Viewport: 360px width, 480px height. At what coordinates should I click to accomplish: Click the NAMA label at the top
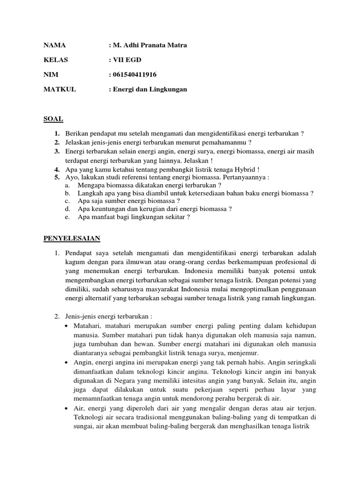click(54, 45)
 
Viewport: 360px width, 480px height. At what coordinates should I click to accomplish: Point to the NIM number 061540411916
click(134, 74)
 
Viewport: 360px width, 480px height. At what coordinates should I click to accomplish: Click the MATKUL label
click(59, 89)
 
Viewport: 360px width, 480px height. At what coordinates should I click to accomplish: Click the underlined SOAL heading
click(53, 119)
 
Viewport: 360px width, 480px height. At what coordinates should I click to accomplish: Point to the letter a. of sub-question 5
click(67, 185)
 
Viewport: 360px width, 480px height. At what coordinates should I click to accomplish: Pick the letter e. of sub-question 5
click(67, 217)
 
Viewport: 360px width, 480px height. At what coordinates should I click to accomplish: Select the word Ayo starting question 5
click(71, 177)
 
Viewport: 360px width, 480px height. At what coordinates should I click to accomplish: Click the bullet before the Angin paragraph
click(67, 362)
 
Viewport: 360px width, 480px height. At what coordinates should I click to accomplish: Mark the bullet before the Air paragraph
click(67, 409)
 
